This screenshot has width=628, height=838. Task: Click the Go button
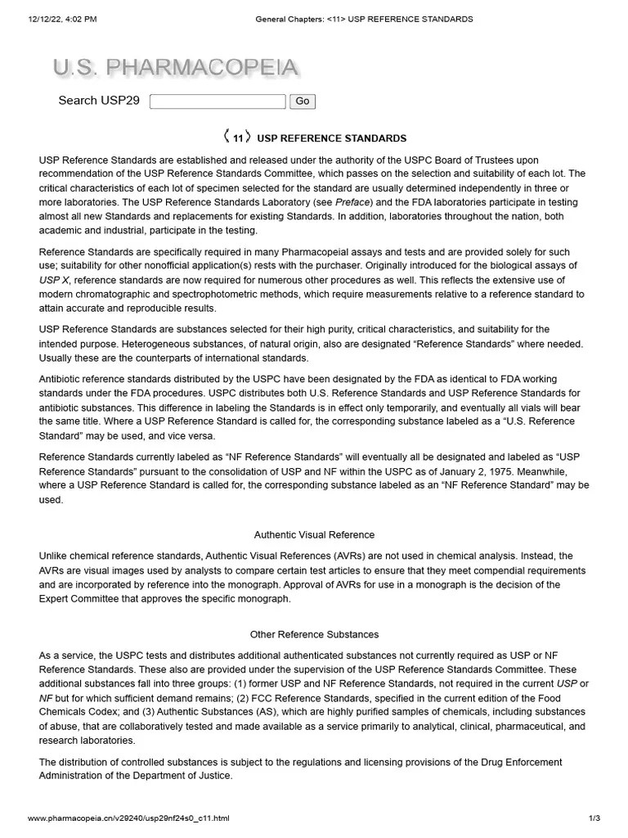tap(303, 101)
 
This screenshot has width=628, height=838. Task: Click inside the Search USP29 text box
tap(218, 101)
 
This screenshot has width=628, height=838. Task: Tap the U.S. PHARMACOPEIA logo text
tap(175, 68)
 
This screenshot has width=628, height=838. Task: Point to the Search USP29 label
tap(99, 101)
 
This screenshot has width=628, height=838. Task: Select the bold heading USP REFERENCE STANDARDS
tap(331, 138)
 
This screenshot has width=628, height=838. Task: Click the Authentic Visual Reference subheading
tap(314, 535)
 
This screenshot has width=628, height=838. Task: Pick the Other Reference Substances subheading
tap(314, 634)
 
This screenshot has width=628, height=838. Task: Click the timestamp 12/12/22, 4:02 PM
tap(62, 19)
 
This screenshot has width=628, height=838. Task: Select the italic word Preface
tap(354, 201)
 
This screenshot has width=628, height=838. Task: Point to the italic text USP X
tap(54, 280)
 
